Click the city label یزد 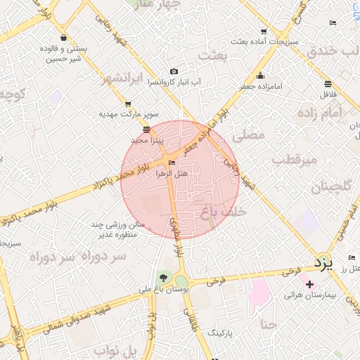click(321, 264)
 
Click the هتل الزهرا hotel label click(172, 173)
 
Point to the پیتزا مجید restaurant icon click(146, 129)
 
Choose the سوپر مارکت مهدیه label click(128, 113)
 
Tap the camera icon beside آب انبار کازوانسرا click(174, 72)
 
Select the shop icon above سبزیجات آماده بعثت click(264, 32)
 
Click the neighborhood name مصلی click(252, 134)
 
